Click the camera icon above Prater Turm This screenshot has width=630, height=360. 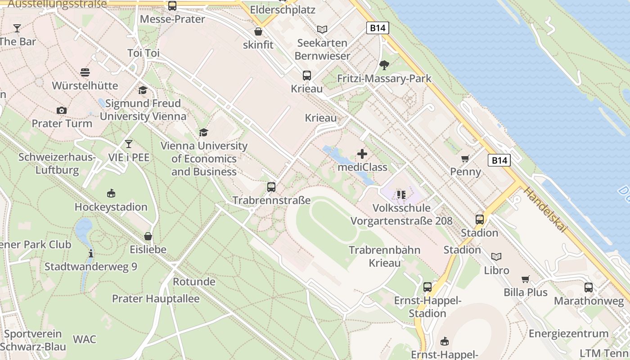(x=62, y=110)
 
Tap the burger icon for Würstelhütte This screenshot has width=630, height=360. (x=85, y=72)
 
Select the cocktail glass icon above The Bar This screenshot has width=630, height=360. (x=17, y=28)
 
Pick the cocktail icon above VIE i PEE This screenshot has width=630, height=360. (x=129, y=144)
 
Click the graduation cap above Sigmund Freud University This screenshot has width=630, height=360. (x=143, y=90)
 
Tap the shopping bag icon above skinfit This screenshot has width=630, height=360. (x=258, y=31)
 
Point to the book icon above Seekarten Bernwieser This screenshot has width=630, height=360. (x=322, y=30)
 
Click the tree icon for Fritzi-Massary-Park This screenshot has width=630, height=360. (x=384, y=65)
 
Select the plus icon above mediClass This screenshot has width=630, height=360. (x=362, y=154)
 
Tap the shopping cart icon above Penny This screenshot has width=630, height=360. (x=465, y=158)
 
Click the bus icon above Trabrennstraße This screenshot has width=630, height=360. (x=271, y=187)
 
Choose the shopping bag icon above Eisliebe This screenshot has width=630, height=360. (x=148, y=236)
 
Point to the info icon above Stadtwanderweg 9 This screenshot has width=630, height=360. (x=91, y=253)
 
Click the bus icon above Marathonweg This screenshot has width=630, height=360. (x=589, y=288)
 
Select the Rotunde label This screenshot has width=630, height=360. (x=194, y=282)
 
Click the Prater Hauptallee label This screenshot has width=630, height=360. (x=156, y=299)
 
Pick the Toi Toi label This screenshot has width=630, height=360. (x=144, y=53)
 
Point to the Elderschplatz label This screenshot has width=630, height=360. (x=283, y=9)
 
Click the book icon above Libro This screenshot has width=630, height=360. (x=496, y=256)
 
